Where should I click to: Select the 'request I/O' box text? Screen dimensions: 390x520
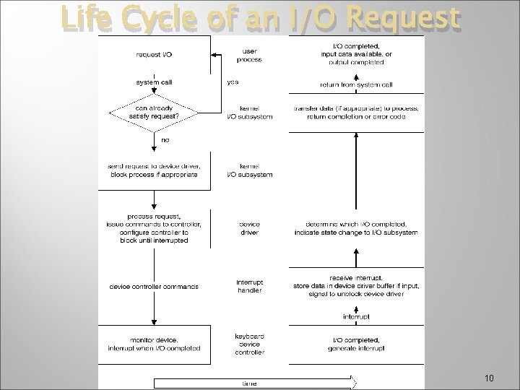point(155,54)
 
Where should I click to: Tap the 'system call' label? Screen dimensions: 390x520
point(155,82)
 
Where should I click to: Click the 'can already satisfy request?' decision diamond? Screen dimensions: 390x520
point(155,113)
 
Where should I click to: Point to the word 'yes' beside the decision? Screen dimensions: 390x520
point(233,82)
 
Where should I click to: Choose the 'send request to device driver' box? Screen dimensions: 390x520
point(155,171)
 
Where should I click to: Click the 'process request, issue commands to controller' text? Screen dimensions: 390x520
point(155,228)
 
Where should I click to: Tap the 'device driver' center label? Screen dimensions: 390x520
point(250,228)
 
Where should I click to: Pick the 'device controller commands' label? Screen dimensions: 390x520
point(155,287)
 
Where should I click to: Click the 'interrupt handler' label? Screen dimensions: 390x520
point(250,286)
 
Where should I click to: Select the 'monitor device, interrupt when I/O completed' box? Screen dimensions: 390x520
point(155,343)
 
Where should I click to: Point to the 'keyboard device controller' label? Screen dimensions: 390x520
point(250,344)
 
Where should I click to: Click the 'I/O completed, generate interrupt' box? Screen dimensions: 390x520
point(357,344)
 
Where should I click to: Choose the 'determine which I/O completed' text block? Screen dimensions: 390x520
point(357,228)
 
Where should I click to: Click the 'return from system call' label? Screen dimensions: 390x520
point(357,84)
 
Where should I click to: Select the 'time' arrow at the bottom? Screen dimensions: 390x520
point(253,382)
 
